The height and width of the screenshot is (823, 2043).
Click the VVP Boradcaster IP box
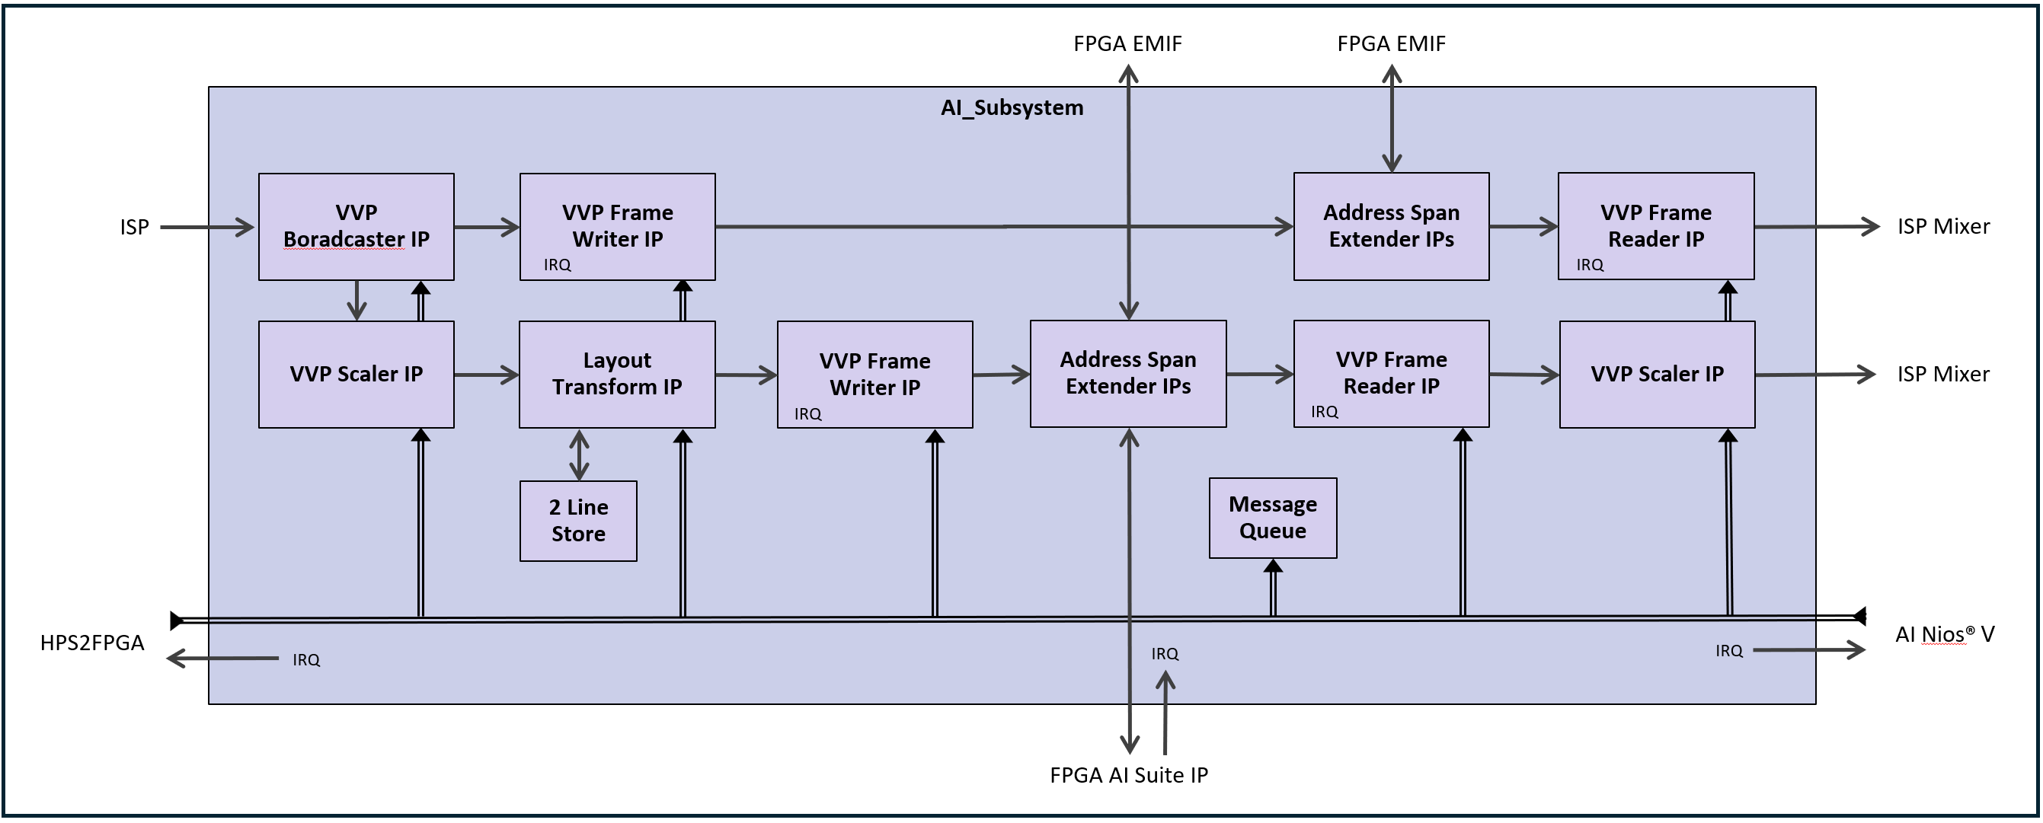(x=356, y=226)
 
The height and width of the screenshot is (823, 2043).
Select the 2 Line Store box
(x=578, y=521)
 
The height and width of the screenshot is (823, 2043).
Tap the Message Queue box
(x=1272, y=518)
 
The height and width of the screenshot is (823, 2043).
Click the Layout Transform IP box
(x=617, y=374)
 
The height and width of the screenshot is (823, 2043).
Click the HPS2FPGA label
(x=92, y=643)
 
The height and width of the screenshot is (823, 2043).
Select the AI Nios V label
(x=1944, y=634)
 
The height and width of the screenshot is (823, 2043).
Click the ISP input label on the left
(x=134, y=228)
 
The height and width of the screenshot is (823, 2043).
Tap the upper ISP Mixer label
(x=1942, y=227)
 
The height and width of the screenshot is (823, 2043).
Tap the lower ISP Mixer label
(x=1942, y=375)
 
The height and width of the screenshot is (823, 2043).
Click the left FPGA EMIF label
(x=1127, y=43)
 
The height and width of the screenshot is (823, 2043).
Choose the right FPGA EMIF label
(x=1390, y=43)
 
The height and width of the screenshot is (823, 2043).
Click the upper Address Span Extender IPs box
(x=1390, y=226)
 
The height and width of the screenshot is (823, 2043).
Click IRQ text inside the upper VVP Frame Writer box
(x=557, y=265)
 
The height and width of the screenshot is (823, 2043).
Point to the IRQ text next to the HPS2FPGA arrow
(x=306, y=659)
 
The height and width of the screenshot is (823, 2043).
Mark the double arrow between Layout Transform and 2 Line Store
(x=579, y=455)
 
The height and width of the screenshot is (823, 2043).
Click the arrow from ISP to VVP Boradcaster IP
(x=206, y=228)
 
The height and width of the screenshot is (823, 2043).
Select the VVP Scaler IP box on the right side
(x=1656, y=374)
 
